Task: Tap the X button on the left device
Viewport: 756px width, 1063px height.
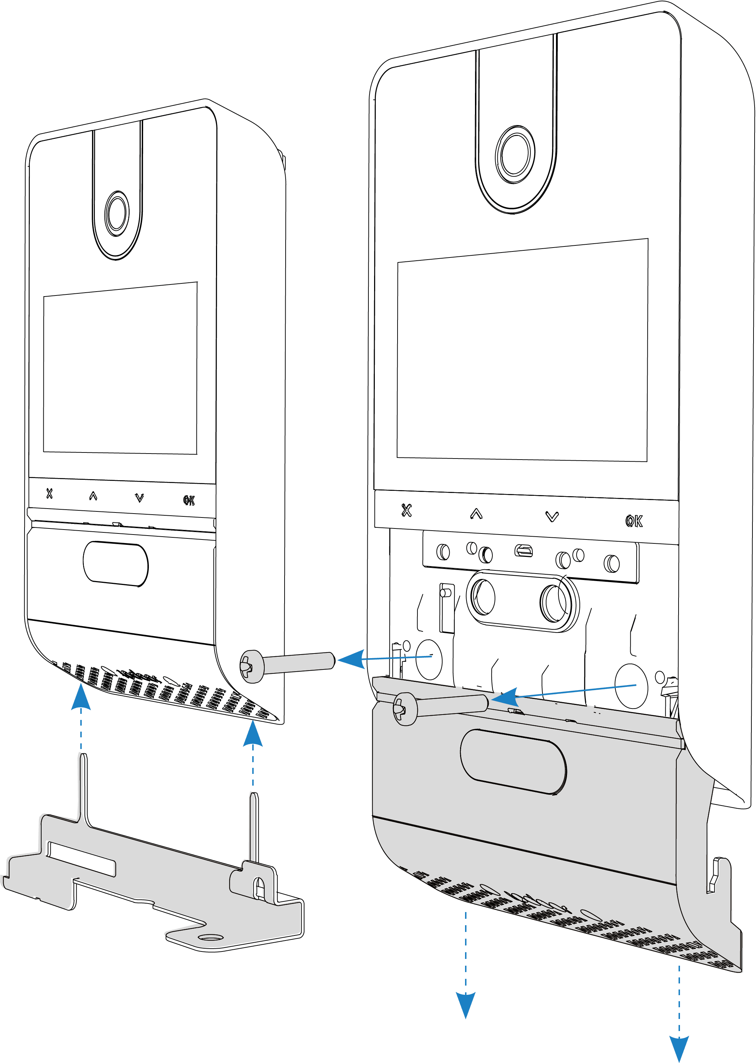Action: click(49, 493)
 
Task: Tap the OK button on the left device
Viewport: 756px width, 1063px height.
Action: click(189, 501)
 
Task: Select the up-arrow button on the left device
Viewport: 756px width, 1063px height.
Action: click(93, 496)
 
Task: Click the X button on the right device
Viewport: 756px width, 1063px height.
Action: click(406, 511)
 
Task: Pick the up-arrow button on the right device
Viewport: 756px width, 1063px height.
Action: click(476, 514)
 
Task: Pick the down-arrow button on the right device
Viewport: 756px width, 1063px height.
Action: click(552, 517)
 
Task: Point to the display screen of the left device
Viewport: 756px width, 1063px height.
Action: click(120, 368)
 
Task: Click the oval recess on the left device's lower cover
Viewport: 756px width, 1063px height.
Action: click(115, 564)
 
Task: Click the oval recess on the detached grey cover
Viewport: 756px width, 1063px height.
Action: click(513, 761)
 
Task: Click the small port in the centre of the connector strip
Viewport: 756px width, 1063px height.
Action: click(523, 552)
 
